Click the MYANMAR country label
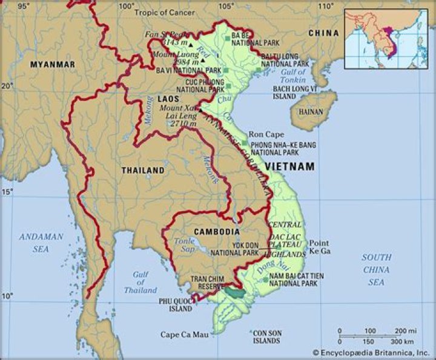[54, 64]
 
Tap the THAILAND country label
[143, 171]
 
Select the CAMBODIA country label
[217, 232]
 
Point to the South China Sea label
[377, 270]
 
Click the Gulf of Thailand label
[140, 282]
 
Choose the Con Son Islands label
[266, 336]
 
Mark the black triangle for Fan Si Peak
[190, 45]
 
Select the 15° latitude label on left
[7, 192]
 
